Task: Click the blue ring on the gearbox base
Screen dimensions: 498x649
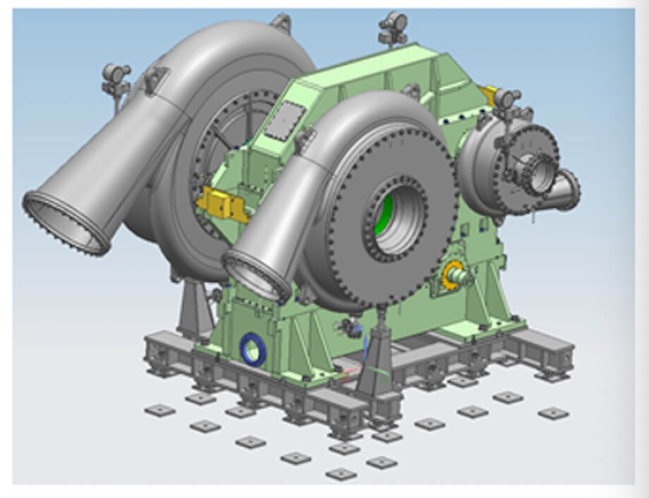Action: point(252,349)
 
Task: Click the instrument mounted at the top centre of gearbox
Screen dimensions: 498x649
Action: point(392,26)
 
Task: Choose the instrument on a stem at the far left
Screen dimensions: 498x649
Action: point(116,78)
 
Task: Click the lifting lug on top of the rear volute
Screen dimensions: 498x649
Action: point(280,22)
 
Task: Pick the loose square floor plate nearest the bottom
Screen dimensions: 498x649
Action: point(341,473)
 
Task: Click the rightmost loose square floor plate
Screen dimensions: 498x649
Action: point(552,413)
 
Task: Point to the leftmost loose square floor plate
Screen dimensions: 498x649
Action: point(159,410)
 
